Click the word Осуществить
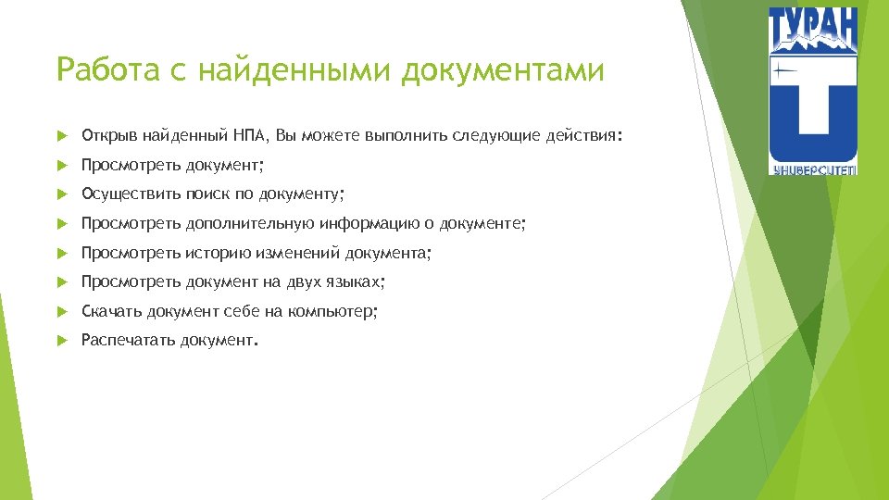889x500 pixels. pos(130,194)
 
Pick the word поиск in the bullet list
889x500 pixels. pos(207,194)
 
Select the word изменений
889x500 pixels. pos(298,253)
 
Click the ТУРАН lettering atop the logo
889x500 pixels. pos(812,28)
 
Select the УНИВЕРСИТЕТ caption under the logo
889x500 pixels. pos(812,169)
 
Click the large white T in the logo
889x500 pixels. pos(813,106)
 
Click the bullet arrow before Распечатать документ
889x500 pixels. pos(61,341)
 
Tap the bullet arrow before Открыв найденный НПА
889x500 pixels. pos(61,137)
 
